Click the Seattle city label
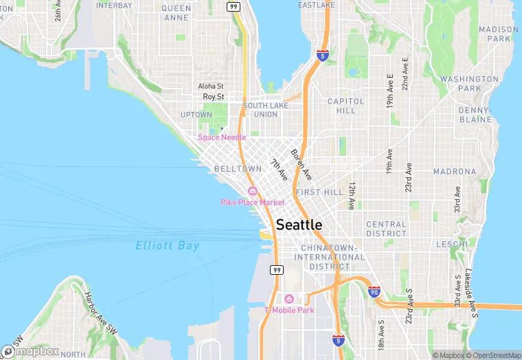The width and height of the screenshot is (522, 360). click(299, 225)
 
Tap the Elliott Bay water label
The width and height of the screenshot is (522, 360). click(168, 246)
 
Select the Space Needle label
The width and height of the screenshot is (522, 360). click(222, 137)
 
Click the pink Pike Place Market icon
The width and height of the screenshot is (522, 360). click(253, 191)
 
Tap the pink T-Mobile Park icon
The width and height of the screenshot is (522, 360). click(288, 299)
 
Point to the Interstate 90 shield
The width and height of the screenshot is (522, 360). click(374, 292)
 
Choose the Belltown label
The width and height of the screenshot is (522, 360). click(238, 168)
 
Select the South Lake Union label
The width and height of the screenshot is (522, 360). click(260, 110)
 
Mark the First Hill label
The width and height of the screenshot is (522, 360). click(319, 192)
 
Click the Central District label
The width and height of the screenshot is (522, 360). click(386, 229)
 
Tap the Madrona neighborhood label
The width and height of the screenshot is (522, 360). click(455, 171)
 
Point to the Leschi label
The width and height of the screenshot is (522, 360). click(451, 243)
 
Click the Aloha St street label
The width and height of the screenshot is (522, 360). click(211, 87)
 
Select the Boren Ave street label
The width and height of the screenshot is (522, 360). click(301, 164)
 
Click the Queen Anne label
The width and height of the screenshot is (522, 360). click(177, 12)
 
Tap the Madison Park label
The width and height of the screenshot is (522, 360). click(499, 34)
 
